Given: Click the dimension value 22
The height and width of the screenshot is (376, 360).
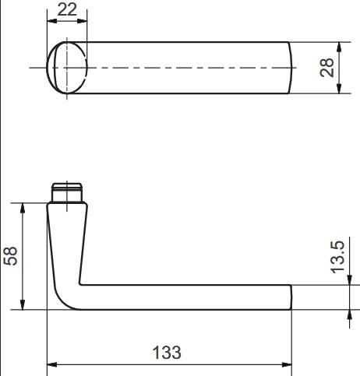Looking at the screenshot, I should click(67, 9).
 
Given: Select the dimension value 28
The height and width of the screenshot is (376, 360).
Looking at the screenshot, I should click(327, 68).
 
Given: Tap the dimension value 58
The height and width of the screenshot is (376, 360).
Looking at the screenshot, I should click(11, 256).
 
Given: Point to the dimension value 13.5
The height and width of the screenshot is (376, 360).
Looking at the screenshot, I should click(337, 256).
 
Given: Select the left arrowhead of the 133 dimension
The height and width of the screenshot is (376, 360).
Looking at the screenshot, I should click(52, 364).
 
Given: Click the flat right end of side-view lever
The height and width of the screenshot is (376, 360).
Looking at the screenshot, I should click(291, 297).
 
